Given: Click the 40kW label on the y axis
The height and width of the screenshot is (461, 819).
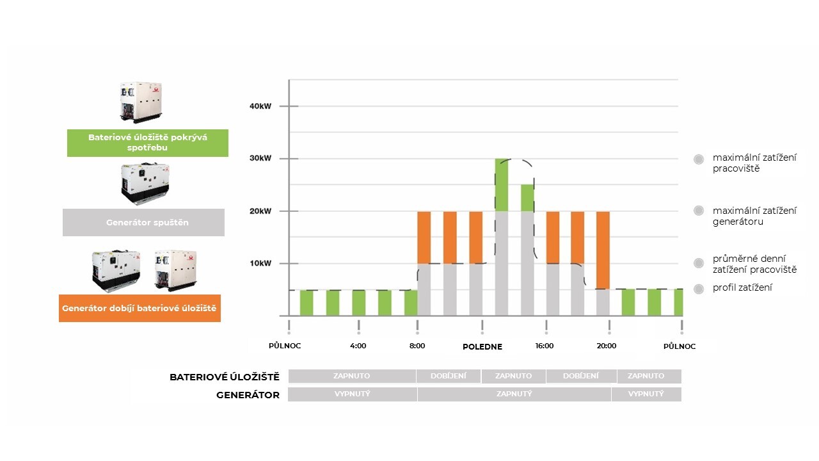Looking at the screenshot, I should (x=260, y=106).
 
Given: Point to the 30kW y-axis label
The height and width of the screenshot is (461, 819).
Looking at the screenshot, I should (x=260, y=159).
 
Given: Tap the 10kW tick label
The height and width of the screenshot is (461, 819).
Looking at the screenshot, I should (x=260, y=263).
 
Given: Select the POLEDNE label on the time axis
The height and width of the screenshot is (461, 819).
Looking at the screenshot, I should (x=482, y=346).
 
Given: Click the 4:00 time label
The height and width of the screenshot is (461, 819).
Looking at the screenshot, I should (x=358, y=346).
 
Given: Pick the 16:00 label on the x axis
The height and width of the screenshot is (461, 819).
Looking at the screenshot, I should (x=545, y=346).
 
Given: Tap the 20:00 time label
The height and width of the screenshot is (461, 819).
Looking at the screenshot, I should (x=607, y=346).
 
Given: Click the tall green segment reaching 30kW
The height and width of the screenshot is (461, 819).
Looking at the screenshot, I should (x=502, y=185).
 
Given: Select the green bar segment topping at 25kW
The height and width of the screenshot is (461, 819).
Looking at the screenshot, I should (x=527, y=198).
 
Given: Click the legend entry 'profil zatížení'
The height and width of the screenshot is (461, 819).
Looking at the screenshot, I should (x=742, y=287).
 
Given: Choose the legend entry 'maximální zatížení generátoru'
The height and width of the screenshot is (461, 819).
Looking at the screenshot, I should (x=745, y=216).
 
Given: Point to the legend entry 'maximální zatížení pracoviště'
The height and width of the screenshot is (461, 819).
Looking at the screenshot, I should (x=745, y=163).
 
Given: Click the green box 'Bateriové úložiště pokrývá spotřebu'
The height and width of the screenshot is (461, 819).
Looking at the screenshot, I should (x=148, y=143).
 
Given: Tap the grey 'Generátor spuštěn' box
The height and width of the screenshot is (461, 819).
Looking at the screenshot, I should (x=143, y=223).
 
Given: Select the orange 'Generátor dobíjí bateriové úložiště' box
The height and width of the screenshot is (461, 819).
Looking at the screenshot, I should (x=139, y=308).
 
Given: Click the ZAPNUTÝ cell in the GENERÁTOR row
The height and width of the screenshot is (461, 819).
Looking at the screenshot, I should (x=514, y=394).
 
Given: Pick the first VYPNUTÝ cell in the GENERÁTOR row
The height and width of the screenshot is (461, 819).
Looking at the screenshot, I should (x=353, y=394).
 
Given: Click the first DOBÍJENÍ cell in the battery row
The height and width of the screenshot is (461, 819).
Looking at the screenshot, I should (x=449, y=376).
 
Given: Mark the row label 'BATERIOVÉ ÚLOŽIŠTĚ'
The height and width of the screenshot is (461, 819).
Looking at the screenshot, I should (x=225, y=377).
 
